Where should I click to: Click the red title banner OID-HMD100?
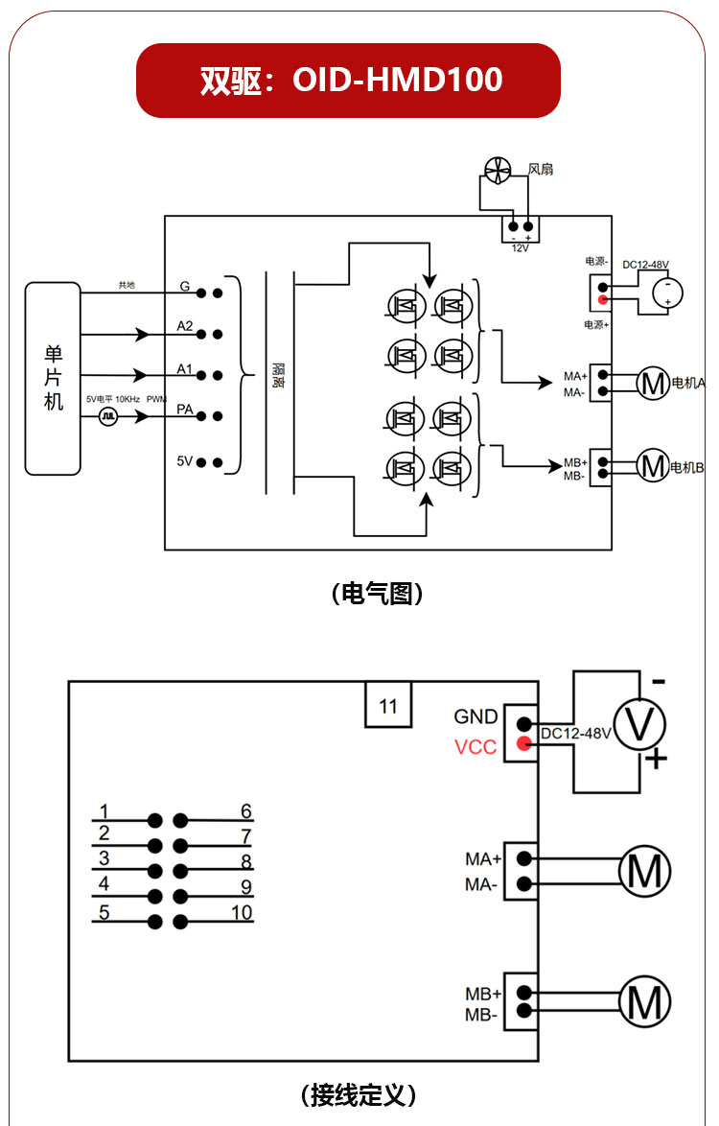pos(348,81)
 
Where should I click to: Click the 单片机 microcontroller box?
pos(53,379)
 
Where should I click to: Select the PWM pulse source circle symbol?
pos(107,416)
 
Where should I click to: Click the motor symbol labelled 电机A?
pos(653,383)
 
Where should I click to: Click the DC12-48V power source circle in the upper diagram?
pos(667,293)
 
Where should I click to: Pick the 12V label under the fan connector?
pos(521,248)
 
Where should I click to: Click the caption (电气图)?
pos(378,594)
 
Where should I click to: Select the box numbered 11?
pos(388,705)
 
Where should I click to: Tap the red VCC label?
pos(475,747)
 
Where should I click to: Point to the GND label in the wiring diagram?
pos(475,716)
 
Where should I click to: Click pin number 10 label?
pos(242,913)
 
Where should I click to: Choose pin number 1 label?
pos(104,811)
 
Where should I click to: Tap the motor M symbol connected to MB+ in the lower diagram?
pos(645,1001)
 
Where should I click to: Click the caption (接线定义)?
pos(359,1095)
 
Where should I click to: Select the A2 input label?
pos(185,326)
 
